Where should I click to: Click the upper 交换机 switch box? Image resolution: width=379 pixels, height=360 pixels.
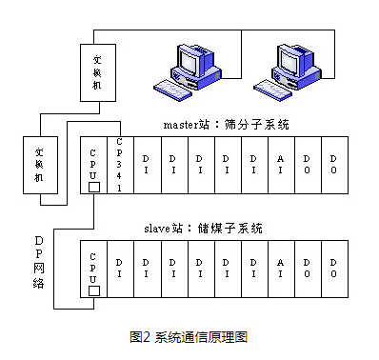(94, 72)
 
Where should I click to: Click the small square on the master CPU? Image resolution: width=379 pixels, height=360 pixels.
(92, 187)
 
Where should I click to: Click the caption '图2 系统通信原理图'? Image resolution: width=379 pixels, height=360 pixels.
(189, 336)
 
